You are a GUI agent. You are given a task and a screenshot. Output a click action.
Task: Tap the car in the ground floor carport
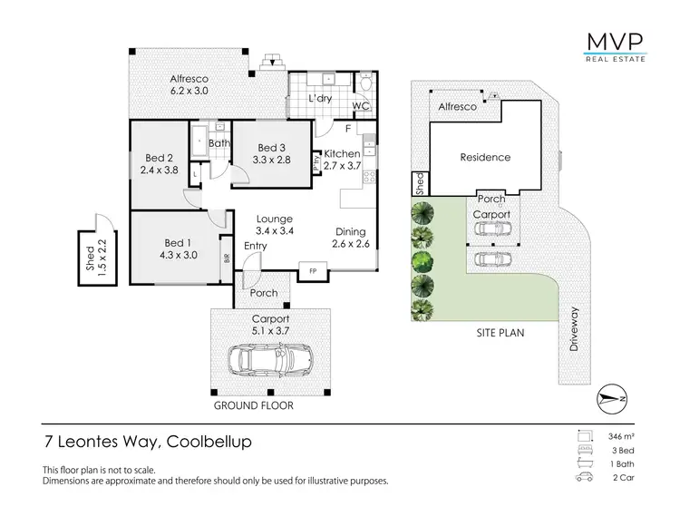tap(271, 361)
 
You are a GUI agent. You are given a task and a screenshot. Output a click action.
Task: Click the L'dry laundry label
tap(318, 98)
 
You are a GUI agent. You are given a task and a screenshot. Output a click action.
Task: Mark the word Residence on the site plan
tap(485, 157)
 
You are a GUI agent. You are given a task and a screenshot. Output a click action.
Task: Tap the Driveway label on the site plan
tap(574, 329)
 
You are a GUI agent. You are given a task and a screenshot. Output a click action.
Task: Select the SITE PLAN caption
tap(500, 333)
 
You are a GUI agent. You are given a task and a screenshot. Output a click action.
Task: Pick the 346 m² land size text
tap(620, 436)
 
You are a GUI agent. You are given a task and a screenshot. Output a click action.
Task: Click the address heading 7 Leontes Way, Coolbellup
tap(148, 443)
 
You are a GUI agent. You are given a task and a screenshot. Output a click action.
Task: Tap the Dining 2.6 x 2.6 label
tap(350, 238)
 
